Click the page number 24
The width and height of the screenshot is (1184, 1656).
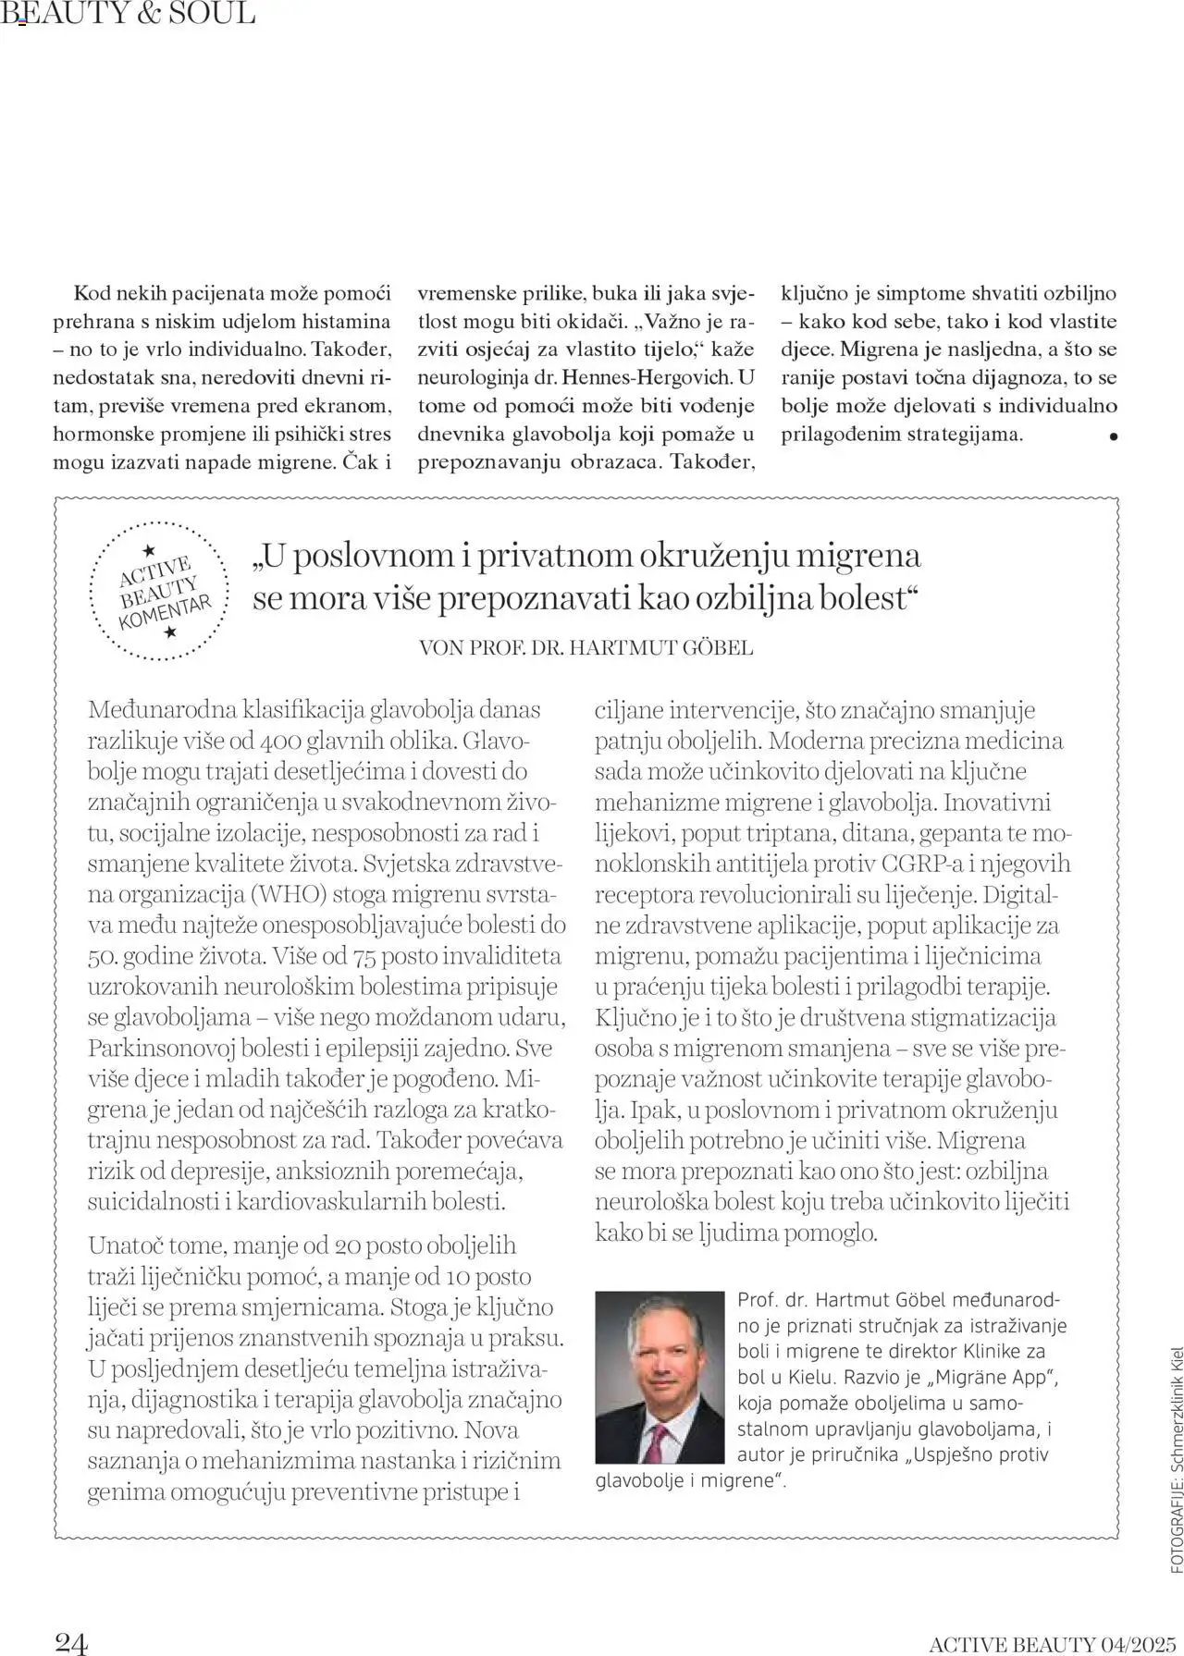click(71, 1641)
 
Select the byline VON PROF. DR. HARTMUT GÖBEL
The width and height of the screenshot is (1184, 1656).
click(586, 647)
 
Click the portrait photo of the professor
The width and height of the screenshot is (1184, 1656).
click(660, 1377)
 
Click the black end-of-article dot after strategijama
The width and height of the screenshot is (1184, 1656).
click(1113, 436)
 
